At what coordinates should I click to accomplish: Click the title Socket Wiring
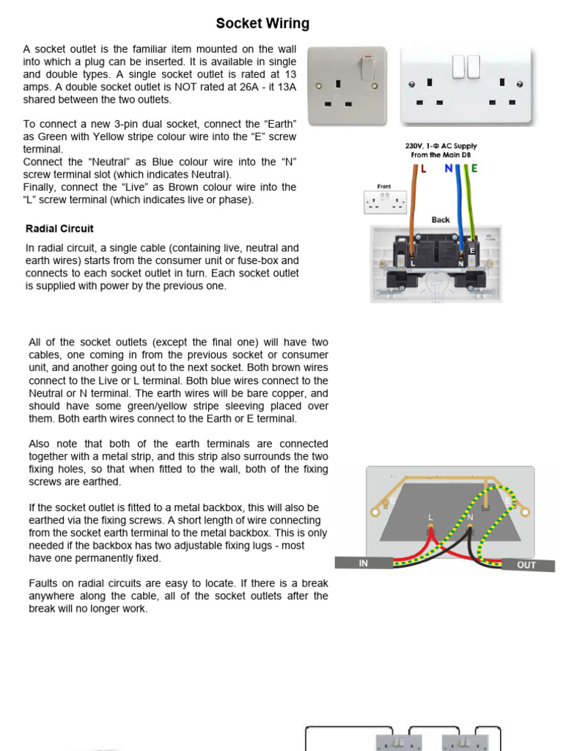click(x=262, y=23)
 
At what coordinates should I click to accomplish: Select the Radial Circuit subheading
click(x=59, y=229)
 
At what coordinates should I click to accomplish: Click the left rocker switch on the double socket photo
click(x=458, y=67)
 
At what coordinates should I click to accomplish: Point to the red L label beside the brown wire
click(x=423, y=169)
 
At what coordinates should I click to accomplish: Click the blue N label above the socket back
click(x=449, y=169)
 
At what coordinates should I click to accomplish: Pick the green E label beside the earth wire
click(x=474, y=169)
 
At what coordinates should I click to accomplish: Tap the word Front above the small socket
click(x=384, y=187)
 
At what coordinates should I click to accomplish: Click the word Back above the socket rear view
click(x=441, y=219)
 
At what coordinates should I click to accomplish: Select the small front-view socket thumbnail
click(x=385, y=202)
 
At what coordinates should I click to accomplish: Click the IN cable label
click(x=364, y=563)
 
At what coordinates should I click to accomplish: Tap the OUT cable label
click(x=526, y=565)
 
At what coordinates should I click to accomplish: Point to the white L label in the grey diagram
click(x=430, y=518)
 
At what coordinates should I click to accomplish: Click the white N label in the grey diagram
click(x=470, y=518)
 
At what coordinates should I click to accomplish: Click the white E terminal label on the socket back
click(x=472, y=250)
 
